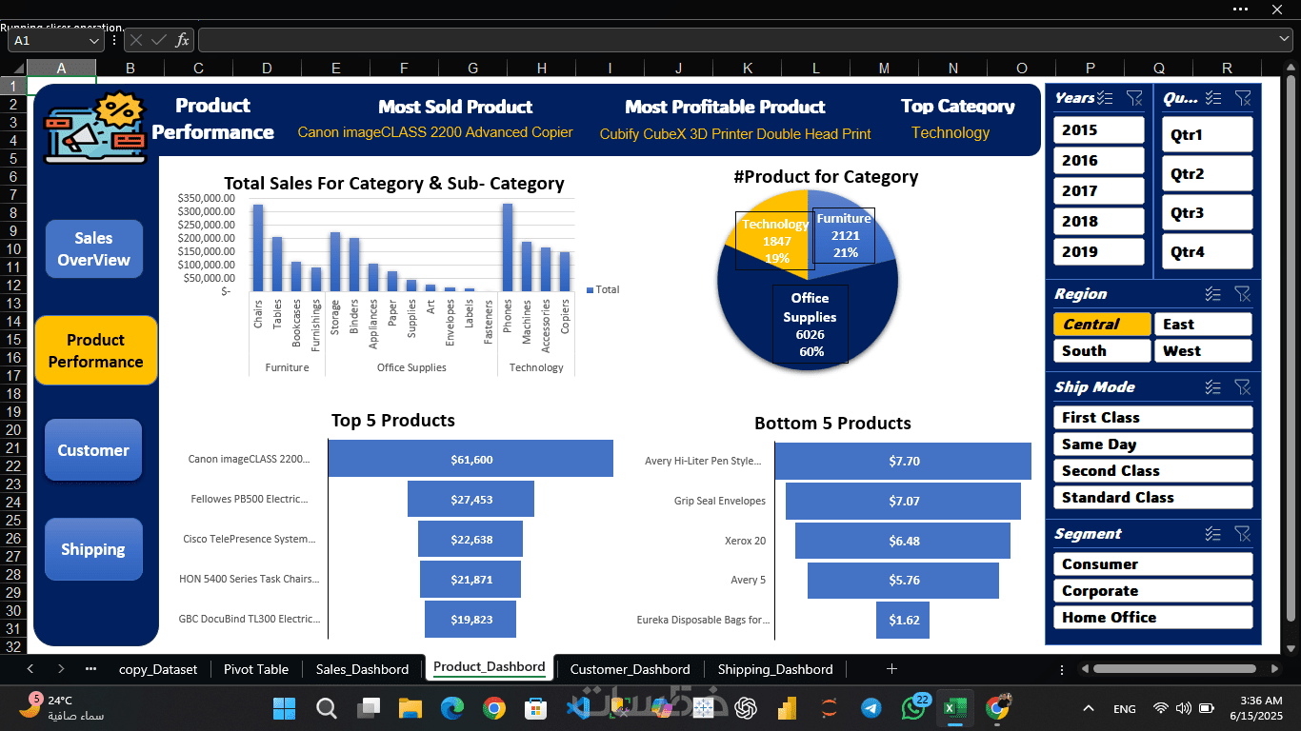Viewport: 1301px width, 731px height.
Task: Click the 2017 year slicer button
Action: tap(1098, 191)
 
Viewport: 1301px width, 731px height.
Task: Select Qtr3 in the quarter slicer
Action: tap(1207, 213)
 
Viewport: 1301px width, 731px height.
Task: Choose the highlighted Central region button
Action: tap(1101, 325)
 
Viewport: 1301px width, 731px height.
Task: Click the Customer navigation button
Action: tap(93, 450)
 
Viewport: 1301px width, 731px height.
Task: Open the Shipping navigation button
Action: tap(93, 549)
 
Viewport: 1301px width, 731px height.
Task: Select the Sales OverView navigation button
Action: tap(93, 249)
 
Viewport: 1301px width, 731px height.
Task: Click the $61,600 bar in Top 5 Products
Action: tap(470, 460)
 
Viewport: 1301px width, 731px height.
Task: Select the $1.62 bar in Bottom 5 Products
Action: tap(903, 620)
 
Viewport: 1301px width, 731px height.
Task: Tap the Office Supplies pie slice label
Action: tap(810, 325)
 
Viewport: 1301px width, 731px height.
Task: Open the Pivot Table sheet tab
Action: tap(256, 669)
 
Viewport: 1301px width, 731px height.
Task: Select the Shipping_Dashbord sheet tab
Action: tap(774, 669)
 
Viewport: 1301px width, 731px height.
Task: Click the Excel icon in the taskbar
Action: tap(954, 708)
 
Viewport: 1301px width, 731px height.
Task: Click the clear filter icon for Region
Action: tap(1242, 294)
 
